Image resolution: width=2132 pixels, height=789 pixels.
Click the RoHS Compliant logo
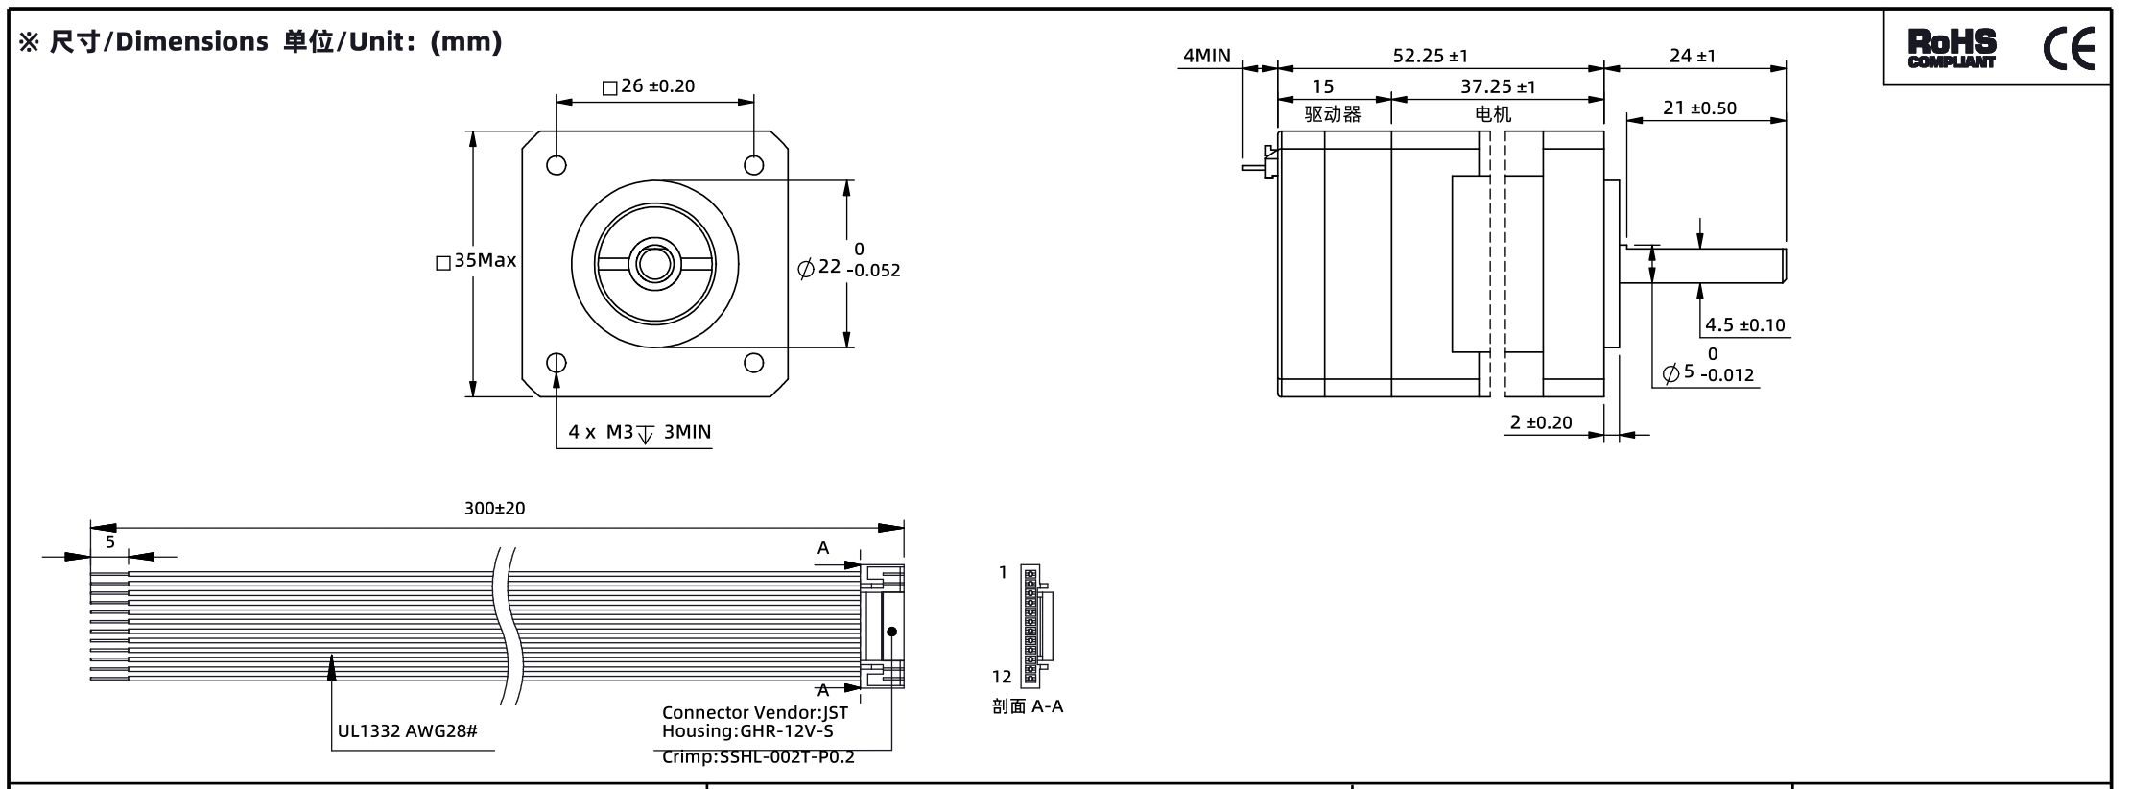point(1952,49)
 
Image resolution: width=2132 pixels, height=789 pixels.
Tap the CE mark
point(2069,48)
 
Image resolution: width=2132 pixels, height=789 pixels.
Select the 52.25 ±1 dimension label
point(1430,57)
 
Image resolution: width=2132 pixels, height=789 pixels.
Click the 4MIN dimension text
point(1206,56)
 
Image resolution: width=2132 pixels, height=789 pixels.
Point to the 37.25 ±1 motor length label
point(1498,87)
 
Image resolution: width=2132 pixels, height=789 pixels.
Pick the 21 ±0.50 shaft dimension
point(1699,108)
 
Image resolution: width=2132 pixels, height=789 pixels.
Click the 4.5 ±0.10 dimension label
point(1745,325)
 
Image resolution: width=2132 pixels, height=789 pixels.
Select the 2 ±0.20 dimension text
point(1542,423)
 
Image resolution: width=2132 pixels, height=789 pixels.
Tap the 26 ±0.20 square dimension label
point(649,86)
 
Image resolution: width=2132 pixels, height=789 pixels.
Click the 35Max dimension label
point(476,261)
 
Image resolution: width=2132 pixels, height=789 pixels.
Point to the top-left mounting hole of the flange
point(557,165)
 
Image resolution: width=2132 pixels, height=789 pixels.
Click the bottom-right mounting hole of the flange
point(754,363)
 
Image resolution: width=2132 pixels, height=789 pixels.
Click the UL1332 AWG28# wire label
point(408,731)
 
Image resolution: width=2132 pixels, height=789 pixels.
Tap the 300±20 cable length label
point(495,509)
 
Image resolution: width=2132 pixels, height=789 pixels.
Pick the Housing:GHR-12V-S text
point(747,731)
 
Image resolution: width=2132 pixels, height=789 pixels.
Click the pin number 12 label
point(1002,677)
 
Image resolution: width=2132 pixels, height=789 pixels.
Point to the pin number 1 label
point(1004,573)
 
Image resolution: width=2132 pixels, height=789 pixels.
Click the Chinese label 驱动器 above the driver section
point(1333,114)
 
